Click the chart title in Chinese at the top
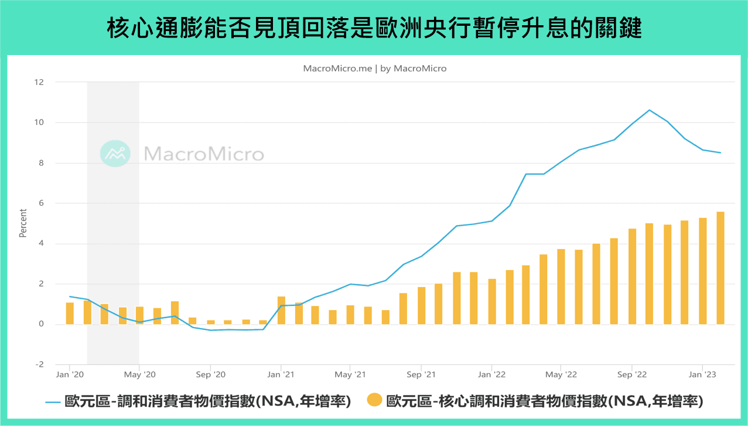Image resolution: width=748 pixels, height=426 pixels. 374,28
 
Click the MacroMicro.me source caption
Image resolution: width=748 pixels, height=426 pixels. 374,69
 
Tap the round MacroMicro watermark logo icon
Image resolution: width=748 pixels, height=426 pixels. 115,154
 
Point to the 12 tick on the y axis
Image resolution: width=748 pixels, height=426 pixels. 39,82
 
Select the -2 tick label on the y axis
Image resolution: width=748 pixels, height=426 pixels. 39,364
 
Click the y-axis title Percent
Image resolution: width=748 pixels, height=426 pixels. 23,223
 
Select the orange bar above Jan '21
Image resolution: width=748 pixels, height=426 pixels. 281,311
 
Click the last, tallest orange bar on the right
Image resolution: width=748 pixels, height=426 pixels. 720,268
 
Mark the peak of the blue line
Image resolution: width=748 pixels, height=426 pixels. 649,110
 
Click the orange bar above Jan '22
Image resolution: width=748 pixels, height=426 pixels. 492,301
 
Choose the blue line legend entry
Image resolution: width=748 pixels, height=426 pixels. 199,401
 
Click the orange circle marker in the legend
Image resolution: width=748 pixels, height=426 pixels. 374,401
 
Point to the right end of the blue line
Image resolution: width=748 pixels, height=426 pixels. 720,153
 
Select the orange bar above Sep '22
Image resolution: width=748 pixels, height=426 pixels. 632,277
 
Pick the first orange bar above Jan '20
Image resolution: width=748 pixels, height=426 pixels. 70,313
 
